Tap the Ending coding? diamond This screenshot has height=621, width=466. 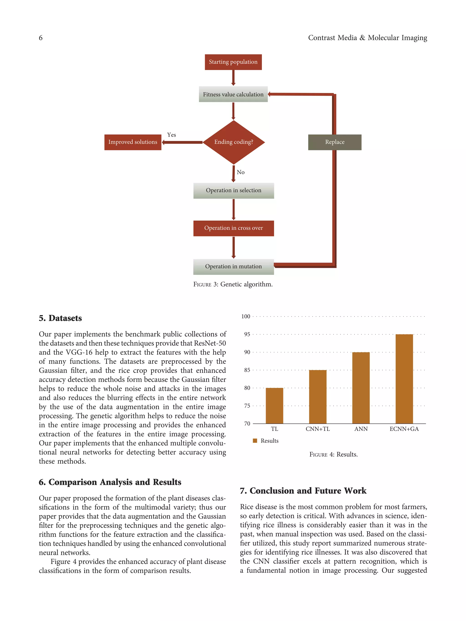tap(233, 142)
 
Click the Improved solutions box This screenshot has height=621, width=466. tap(133, 142)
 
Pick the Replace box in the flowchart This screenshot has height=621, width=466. tap(334, 142)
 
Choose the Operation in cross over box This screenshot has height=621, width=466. tap(233, 228)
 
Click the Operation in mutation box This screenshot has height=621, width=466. tap(233, 267)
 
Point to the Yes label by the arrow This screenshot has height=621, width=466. tap(171, 135)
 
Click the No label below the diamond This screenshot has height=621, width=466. tap(241, 172)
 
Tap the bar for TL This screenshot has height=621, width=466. tap(274, 405)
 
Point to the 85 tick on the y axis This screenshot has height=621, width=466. tap(247, 370)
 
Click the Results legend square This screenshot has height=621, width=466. tap(255, 441)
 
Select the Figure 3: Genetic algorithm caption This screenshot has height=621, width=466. tap(233, 284)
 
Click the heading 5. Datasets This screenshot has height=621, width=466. tap(60, 318)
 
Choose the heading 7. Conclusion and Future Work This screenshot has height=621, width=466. tap(303, 490)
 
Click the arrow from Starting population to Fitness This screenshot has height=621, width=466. tap(233, 78)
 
